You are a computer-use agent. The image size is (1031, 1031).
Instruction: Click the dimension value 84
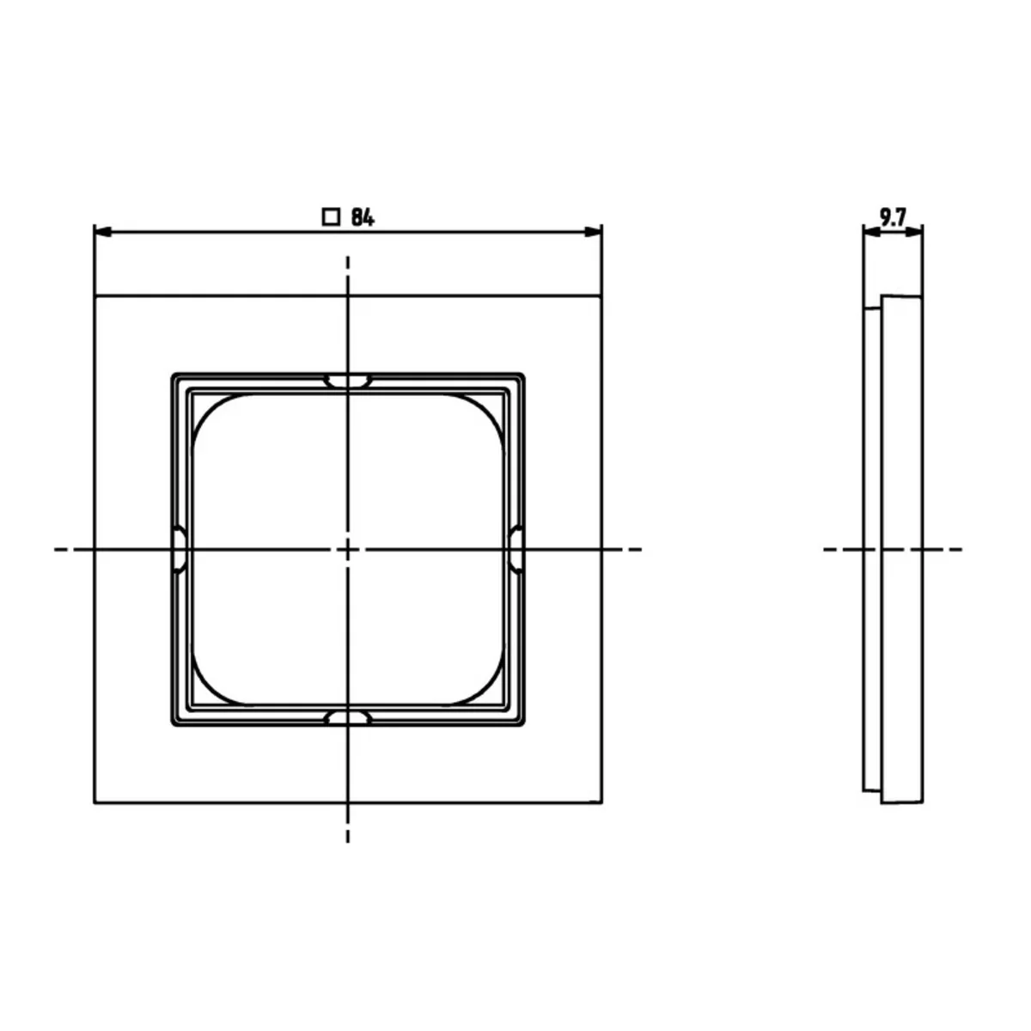[x=363, y=217]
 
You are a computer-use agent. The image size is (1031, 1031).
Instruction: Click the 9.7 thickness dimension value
[x=893, y=217]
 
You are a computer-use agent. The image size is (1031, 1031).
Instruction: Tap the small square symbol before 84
[x=331, y=217]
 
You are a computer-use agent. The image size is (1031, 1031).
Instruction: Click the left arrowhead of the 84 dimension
[x=102, y=232]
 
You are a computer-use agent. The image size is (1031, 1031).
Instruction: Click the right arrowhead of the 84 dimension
[x=594, y=232]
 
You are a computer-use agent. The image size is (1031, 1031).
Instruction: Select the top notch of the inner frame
[x=348, y=381]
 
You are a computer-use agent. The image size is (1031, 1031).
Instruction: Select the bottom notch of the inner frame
[x=348, y=718]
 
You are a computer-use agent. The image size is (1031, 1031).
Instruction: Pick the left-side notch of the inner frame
[x=180, y=549]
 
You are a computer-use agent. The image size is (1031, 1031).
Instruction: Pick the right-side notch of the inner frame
[x=516, y=549]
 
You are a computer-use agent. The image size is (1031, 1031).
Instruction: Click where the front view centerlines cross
[x=348, y=549]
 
